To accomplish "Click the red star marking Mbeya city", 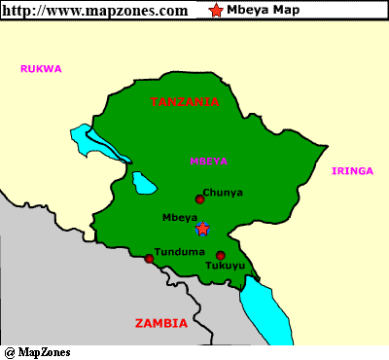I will coord(202,229).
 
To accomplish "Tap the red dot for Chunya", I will coord(199,199).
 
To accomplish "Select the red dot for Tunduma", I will coord(149,259).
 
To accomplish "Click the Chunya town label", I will coord(223,193).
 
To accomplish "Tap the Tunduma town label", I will coord(175,251).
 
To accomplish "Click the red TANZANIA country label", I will coord(185,101).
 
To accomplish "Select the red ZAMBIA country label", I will coord(162,322).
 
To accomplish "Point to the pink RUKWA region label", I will coord(42,69).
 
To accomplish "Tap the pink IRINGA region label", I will coord(352,171).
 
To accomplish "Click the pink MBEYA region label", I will coord(209,161).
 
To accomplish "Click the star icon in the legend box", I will coord(215,12).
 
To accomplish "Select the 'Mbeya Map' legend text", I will coord(263,12).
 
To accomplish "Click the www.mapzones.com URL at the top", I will coord(95,11).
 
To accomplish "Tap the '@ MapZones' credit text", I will coord(37,352).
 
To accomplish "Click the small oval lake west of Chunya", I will coord(145,182).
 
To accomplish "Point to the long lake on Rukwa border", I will coord(98,143).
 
